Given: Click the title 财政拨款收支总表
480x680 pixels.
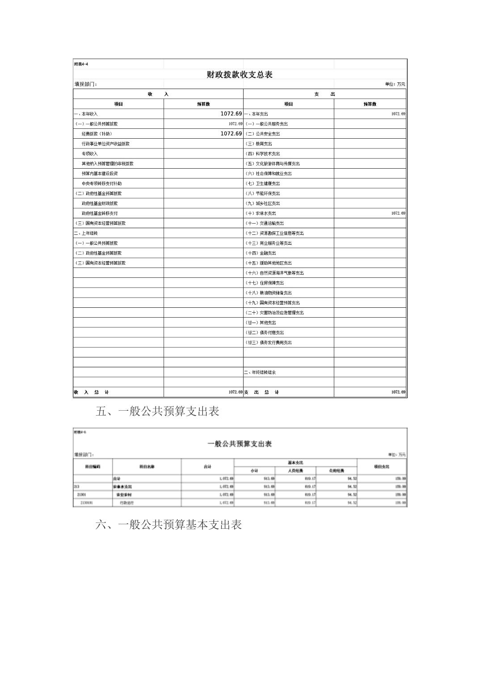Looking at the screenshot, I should (240, 75).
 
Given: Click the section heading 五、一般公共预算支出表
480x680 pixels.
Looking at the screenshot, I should (157, 412).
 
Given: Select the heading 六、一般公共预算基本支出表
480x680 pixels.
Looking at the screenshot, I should (168, 525).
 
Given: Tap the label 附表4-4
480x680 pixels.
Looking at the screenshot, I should (81, 64).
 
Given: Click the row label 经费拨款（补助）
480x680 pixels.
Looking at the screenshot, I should (97, 134).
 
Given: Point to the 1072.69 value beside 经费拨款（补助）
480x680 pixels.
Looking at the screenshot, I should (231, 134).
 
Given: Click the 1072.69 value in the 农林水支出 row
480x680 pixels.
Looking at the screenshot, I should (398, 213).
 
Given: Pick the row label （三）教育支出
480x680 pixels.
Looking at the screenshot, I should (258, 144).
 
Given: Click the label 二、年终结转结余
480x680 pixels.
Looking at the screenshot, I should (260, 372).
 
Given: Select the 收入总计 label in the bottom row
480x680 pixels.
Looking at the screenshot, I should (91, 392).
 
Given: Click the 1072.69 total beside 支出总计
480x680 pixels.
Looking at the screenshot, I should (398, 392).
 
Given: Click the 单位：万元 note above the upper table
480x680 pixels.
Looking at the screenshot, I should (395, 84).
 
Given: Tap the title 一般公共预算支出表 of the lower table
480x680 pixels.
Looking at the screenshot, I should (240, 444).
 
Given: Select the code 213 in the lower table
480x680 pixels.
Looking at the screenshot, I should (76, 486).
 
